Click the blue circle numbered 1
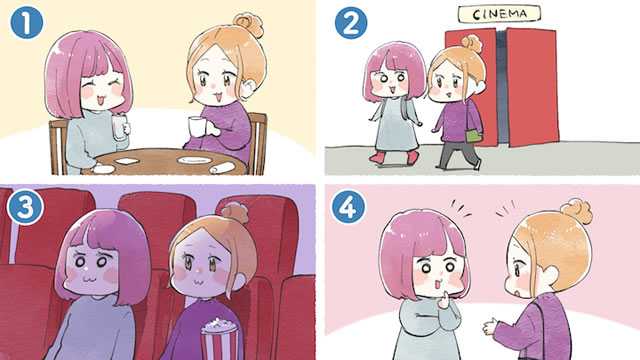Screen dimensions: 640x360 pos(26,23)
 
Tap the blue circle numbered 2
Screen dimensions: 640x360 pos(351,23)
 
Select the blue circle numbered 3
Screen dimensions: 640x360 pos(25,208)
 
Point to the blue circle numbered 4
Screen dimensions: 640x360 pos(348,208)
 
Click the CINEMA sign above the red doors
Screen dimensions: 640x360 pos(499,14)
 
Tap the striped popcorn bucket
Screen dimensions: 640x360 pos(219,338)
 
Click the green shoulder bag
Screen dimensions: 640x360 pos(474,135)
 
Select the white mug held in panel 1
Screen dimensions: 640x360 pos(198,127)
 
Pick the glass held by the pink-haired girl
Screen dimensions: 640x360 pos(119,127)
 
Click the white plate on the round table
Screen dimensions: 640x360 pos(192,160)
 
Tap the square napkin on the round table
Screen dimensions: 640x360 pos(127,161)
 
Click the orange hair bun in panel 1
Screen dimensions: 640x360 pos(248,24)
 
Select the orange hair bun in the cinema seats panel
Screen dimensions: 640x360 pos(235,213)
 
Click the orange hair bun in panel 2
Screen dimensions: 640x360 pos(472,43)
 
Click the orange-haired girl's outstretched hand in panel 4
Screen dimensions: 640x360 pos(491,326)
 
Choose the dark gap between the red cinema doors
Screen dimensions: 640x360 pos(501,86)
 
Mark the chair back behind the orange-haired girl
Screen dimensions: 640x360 pos(258,142)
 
